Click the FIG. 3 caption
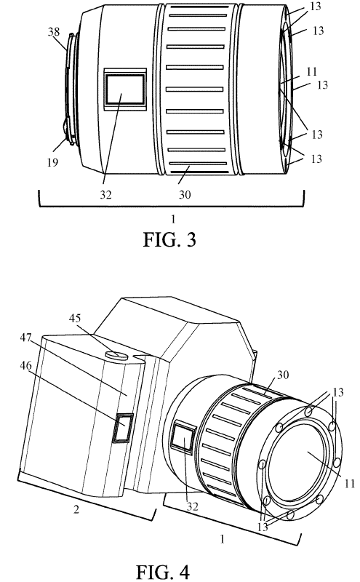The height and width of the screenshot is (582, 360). [169, 239]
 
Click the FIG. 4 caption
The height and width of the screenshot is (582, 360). [163, 572]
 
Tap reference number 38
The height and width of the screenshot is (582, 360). [54, 32]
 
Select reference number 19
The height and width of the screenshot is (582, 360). [52, 162]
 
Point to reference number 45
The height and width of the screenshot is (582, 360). [75, 319]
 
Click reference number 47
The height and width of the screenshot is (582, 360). [26, 338]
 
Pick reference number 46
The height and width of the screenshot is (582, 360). [26, 366]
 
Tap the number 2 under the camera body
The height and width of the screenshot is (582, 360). [76, 509]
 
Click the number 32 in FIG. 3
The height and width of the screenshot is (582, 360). [105, 194]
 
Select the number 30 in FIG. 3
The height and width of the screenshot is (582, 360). [185, 194]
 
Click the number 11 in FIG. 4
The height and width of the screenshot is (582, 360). [350, 483]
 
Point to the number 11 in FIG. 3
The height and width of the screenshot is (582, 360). [312, 71]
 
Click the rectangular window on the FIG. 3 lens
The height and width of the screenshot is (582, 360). [125, 89]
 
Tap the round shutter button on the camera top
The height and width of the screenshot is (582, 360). [117, 355]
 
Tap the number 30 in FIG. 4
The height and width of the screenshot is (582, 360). [283, 375]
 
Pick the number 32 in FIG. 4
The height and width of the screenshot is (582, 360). [192, 506]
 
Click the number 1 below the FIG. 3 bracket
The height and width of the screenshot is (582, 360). [173, 220]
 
